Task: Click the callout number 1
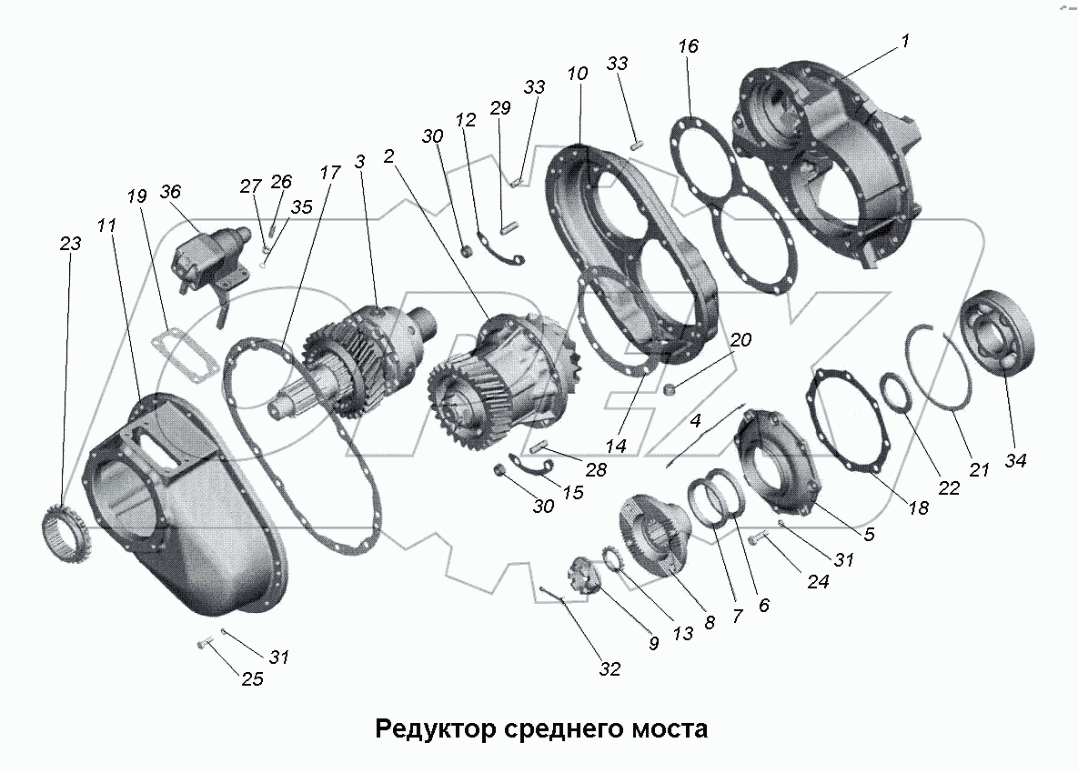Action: click(906, 42)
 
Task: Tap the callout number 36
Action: click(170, 192)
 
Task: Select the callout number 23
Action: click(70, 244)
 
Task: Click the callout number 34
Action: click(1015, 461)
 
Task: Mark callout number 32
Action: click(609, 668)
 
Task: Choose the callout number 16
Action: click(689, 45)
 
